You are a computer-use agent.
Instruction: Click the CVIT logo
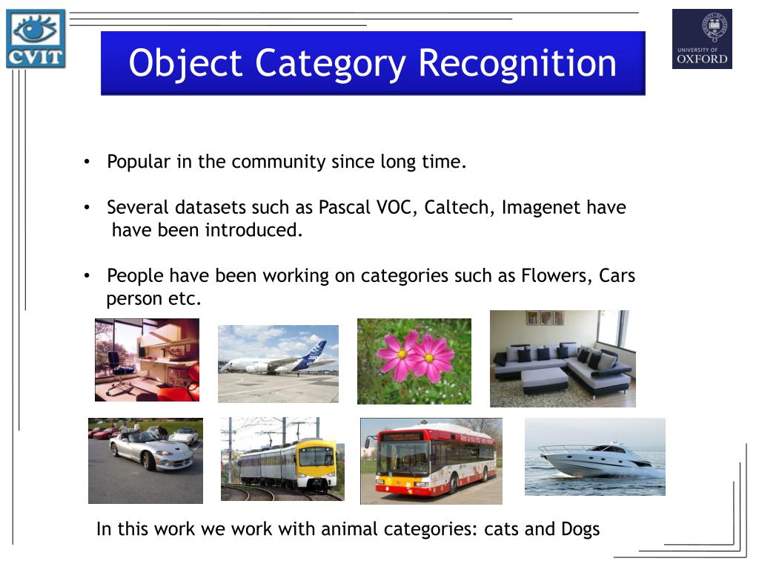pyautogui.click(x=36, y=39)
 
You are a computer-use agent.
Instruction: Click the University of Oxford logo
pyautogui.click(x=701, y=39)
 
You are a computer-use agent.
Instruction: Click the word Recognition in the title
pyautogui.click(x=517, y=63)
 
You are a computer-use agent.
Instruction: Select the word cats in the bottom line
pyautogui.click(x=500, y=529)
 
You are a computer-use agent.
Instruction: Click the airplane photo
pyautogui.click(x=278, y=364)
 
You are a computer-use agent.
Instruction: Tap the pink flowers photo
pyautogui.click(x=414, y=361)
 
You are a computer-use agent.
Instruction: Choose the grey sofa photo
pyautogui.click(x=563, y=358)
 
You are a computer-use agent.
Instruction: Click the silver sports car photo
pyautogui.click(x=145, y=461)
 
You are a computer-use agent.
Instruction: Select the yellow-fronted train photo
pyautogui.click(x=282, y=459)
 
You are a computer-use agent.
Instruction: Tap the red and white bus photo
pyautogui.click(x=431, y=461)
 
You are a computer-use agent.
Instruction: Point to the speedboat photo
pyautogui.click(x=594, y=456)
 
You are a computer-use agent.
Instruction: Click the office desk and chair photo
pyautogui.click(x=147, y=360)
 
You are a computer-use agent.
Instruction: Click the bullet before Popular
pyautogui.click(x=87, y=162)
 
